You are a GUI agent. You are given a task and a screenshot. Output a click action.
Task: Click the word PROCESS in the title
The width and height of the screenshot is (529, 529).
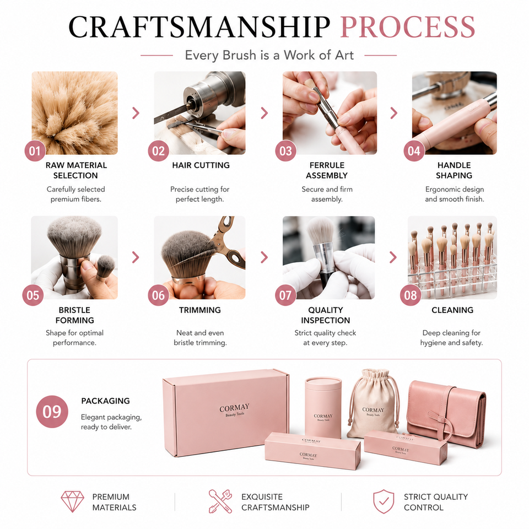tap(408, 27)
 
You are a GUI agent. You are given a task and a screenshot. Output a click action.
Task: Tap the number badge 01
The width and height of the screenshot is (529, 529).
tap(35, 151)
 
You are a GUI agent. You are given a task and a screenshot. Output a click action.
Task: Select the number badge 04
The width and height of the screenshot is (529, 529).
tap(414, 151)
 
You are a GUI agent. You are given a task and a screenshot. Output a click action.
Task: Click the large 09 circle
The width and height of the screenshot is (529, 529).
tap(52, 412)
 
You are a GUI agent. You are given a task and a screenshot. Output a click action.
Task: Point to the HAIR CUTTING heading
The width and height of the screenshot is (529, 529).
tap(201, 165)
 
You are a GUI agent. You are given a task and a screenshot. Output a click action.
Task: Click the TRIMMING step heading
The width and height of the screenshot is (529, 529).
tap(199, 310)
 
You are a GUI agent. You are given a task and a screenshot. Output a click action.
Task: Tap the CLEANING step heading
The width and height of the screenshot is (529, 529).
tap(452, 310)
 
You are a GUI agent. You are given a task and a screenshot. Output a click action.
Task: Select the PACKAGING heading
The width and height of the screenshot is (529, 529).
tap(106, 401)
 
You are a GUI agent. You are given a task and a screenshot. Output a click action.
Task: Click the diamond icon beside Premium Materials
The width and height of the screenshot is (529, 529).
tap(72, 501)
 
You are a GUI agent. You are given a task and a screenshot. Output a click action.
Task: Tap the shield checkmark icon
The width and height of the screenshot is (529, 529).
tap(384, 501)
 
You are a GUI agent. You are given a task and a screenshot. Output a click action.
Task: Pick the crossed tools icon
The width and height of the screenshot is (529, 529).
tap(220, 501)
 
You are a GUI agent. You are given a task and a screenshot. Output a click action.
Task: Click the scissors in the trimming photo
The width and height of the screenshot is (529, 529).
tap(225, 241)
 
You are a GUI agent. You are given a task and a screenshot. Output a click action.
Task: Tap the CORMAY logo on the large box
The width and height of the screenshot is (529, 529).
tap(235, 408)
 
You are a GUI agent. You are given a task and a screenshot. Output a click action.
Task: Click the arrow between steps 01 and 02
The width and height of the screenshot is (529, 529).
tap(136, 113)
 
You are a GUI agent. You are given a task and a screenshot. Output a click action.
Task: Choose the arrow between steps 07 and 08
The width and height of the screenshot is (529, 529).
tap(393, 257)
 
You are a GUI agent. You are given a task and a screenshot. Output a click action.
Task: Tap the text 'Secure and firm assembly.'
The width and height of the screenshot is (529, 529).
tap(327, 194)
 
